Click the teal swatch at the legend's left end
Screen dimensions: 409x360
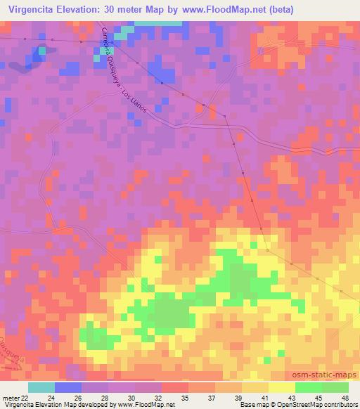[x=41, y=387]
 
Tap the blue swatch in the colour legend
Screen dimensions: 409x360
[x=68, y=387]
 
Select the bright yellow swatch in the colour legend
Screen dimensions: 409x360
[x=282, y=387]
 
